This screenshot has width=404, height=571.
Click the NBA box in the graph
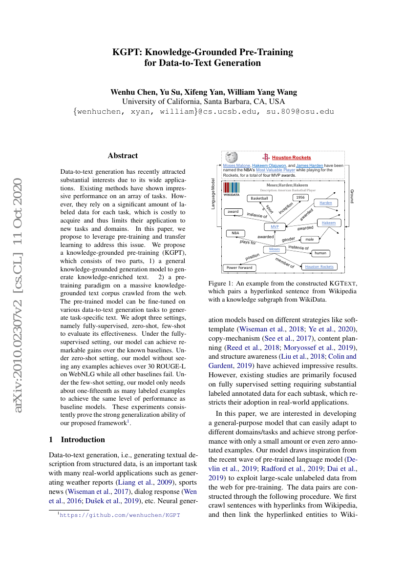click(x=235, y=233)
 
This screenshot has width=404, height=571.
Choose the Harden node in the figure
click(x=325, y=202)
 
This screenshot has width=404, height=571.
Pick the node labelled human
click(x=320, y=253)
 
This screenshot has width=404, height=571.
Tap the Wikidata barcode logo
click(x=232, y=188)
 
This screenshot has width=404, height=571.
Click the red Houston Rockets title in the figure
click(x=291, y=158)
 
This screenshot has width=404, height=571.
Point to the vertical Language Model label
click(x=213, y=194)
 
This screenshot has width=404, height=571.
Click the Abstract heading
click(x=123, y=156)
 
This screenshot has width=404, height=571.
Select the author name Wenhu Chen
click(x=128, y=92)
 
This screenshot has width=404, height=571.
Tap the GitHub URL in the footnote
click(x=119, y=515)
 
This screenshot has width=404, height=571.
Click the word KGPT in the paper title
click(x=127, y=52)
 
